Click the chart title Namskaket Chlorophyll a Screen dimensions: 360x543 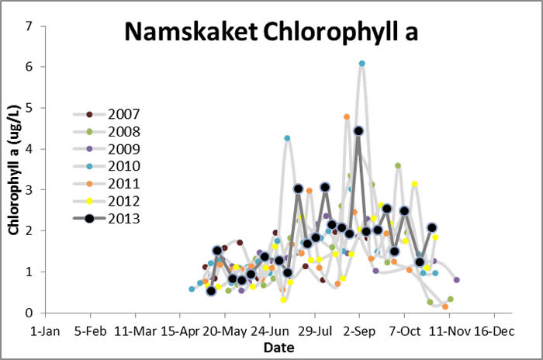coord(272,32)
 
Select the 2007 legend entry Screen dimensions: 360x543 coord(125,115)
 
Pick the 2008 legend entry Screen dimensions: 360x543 coord(125,132)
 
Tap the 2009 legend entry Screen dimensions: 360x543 coord(125,149)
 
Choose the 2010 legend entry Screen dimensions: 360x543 coord(125,166)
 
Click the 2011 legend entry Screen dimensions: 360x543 coord(125,184)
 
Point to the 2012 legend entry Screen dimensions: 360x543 coord(125,201)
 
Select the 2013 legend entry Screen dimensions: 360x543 coord(125,218)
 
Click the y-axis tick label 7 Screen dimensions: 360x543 coord(29,26)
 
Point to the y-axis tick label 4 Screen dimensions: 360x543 coord(29,149)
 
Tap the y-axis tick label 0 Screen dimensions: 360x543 coord(29,313)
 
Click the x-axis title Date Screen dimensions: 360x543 coord(278,348)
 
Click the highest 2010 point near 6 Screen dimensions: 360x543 coord(362,64)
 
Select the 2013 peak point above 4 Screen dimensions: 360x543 coord(358,131)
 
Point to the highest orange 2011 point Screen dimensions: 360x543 coord(347,116)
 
